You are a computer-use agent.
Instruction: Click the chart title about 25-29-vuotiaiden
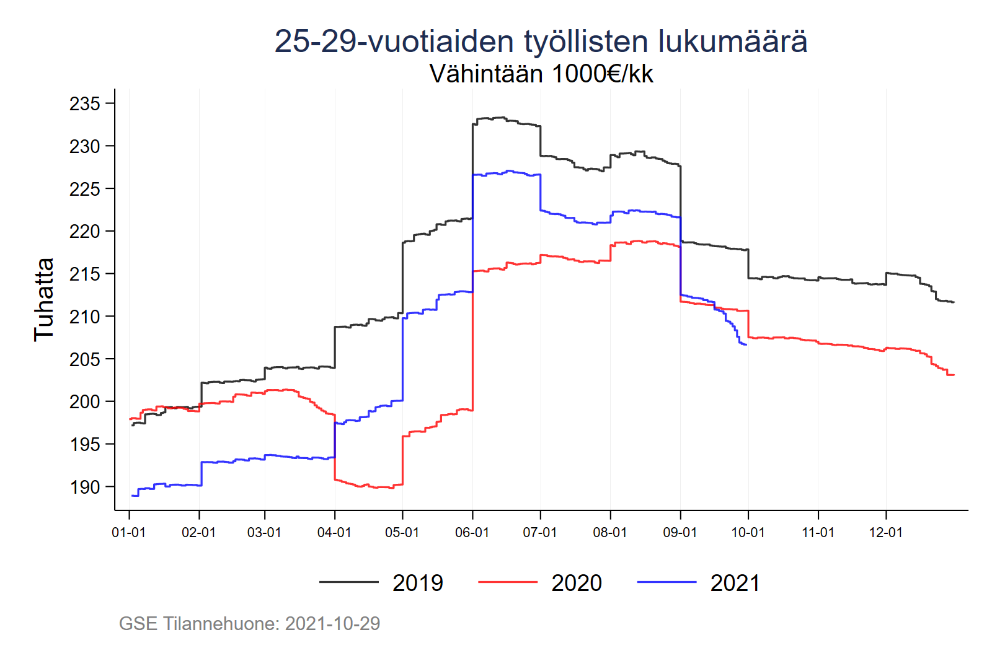coord(540,42)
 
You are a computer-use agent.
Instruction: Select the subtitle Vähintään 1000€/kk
coord(541,74)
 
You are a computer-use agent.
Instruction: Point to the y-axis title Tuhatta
coord(44,299)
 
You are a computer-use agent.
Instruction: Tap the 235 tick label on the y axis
coord(84,103)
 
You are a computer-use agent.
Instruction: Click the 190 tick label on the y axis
coord(84,487)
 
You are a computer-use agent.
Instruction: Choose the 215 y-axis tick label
coord(84,274)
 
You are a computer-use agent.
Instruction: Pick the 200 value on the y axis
coord(84,402)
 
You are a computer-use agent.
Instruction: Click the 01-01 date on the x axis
coord(128,533)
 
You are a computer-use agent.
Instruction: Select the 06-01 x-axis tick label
coord(472,533)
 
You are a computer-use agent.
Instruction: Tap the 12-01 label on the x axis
coord(885,533)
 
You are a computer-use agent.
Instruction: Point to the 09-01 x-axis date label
coord(680,533)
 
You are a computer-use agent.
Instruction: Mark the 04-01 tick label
coord(334,533)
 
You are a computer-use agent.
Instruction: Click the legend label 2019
coord(418,583)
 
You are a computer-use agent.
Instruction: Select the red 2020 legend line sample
coord(508,582)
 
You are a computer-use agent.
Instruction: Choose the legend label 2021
coord(735,583)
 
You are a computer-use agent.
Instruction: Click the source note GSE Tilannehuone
coord(199,623)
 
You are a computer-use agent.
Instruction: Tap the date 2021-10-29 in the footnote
coord(332,623)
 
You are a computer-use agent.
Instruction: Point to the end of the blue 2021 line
coord(746,344)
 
